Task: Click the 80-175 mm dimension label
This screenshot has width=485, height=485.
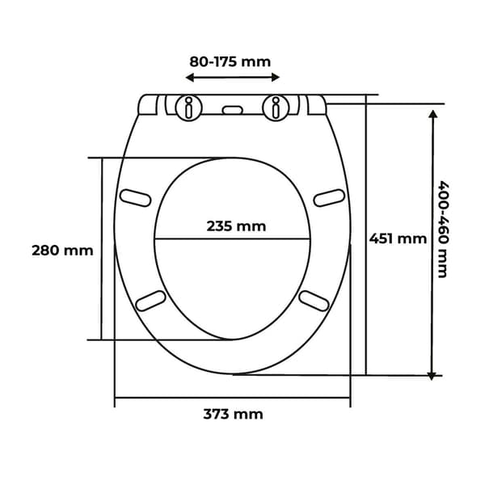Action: [x=230, y=62]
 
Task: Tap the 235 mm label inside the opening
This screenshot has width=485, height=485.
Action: [x=236, y=226]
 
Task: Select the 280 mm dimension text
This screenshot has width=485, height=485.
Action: [x=62, y=251]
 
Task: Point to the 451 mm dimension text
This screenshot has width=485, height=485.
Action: [x=398, y=238]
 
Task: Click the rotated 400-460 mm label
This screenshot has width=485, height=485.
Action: [x=443, y=230]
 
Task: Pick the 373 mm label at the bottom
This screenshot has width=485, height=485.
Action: [x=233, y=414]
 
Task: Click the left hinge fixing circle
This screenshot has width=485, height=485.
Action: [x=188, y=108]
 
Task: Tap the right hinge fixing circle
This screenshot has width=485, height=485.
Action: [x=276, y=108]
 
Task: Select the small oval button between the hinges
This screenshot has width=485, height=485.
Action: [x=233, y=110]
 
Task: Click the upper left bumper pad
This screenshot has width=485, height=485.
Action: [x=136, y=198]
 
